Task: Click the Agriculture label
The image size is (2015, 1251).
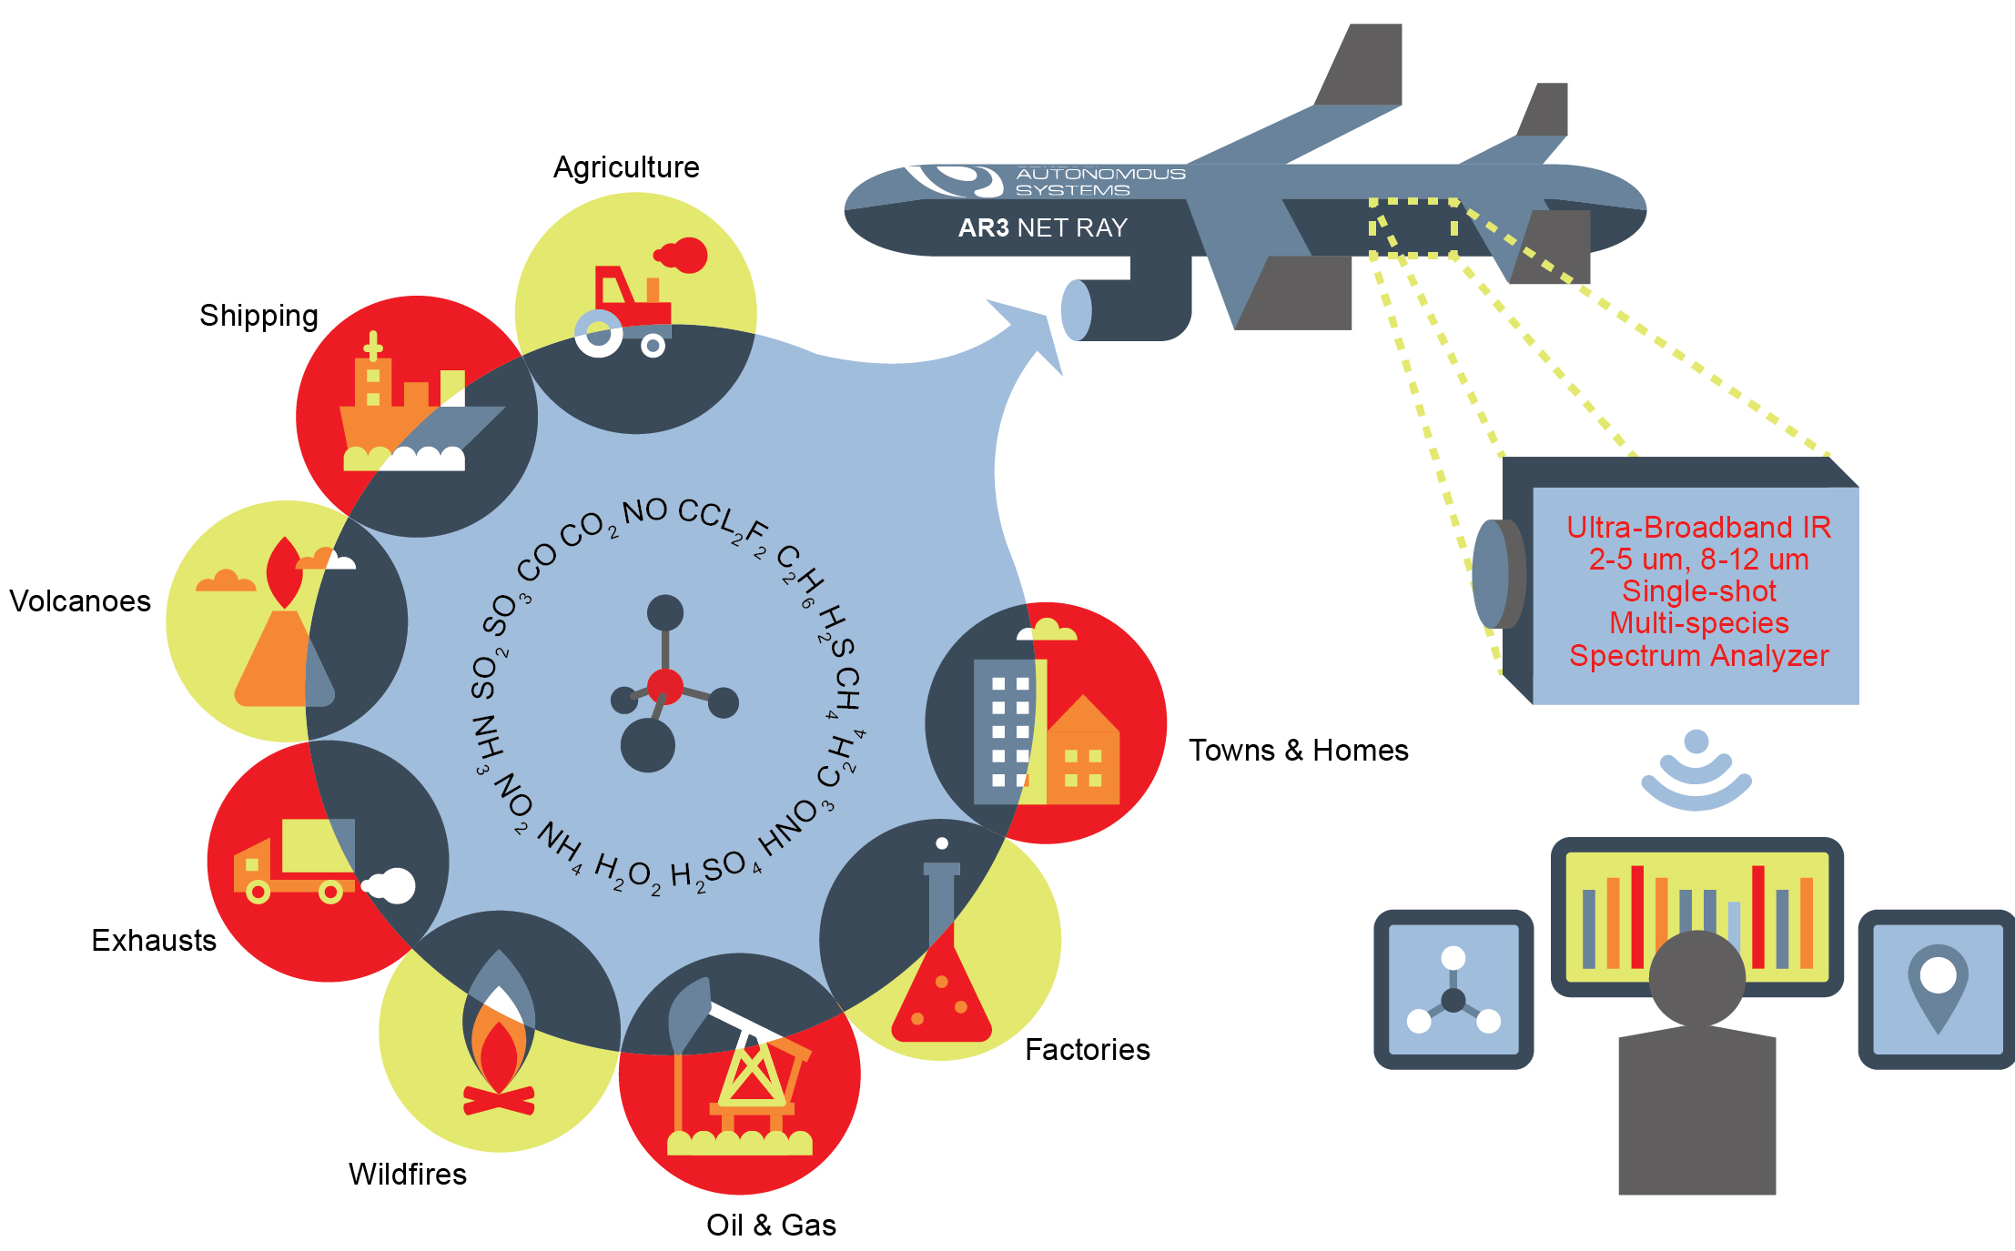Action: click(626, 167)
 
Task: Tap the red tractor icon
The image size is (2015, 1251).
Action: click(628, 305)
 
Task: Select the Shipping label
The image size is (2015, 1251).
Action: click(258, 316)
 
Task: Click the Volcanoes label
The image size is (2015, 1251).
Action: click(80, 601)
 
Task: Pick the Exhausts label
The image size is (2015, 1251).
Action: click(154, 940)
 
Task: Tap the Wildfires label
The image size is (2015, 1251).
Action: click(407, 1174)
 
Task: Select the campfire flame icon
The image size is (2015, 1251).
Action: click(498, 1055)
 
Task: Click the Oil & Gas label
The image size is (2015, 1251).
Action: click(771, 1225)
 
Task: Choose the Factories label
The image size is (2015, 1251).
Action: click(1087, 1049)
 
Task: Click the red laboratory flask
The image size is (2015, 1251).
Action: click(941, 996)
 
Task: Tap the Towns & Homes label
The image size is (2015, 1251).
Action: click(1298, 750)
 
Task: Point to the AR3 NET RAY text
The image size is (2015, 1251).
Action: click(1042, 227)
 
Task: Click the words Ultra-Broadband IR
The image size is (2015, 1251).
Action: click(1698, 527)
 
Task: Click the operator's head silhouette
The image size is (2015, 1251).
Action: click(1696, 977)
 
